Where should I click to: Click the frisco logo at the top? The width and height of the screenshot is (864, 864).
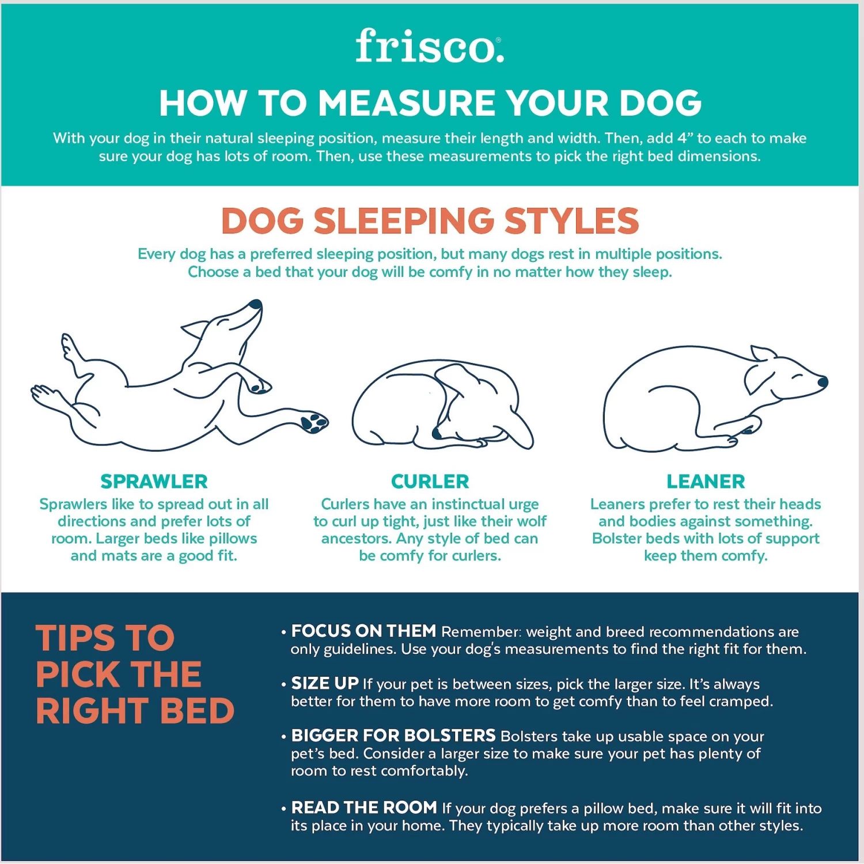pos(429,46)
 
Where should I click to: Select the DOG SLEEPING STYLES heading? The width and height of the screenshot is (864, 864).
pos(430,221)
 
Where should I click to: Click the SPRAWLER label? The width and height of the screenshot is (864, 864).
pos(154,481)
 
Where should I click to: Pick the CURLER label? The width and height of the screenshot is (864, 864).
pos(430,481)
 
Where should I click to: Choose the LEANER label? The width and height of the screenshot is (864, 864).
pos(706,481)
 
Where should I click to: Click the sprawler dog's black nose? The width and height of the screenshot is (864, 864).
pos(255,304)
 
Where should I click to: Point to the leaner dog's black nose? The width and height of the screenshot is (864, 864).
pos(823,381)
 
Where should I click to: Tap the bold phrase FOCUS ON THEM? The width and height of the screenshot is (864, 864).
pos(363,631)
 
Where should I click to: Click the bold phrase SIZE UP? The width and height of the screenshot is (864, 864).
pos(325,684)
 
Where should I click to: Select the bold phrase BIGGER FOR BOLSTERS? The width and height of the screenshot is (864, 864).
pos(393,736)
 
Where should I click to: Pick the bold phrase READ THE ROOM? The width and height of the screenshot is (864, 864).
pos(364,808)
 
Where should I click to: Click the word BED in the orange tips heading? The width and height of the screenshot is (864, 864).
pos(197,711)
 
